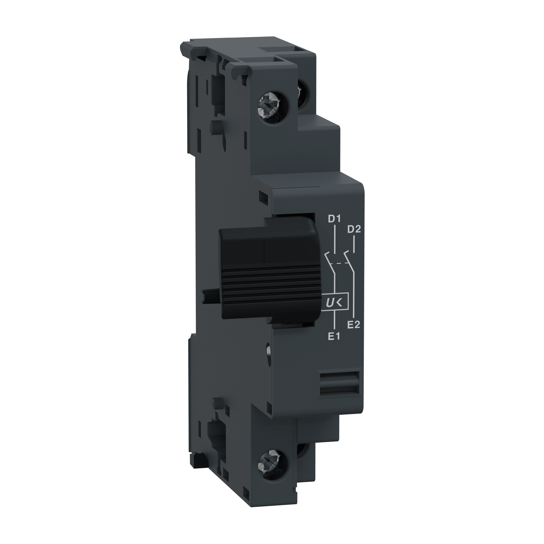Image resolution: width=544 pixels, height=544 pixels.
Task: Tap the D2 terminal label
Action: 354,229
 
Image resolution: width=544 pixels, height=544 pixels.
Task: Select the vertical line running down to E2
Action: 354,296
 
